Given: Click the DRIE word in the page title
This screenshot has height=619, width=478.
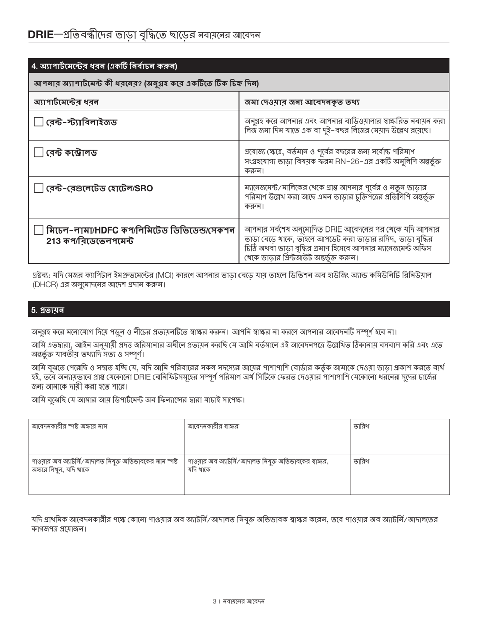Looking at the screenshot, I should point(40,35).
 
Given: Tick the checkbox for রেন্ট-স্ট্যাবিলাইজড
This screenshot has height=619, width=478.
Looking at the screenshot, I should point(39,122).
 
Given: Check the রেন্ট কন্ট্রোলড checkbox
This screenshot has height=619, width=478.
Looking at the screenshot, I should point(39,152).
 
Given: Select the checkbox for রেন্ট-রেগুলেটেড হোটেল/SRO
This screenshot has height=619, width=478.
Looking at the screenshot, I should point(39,188).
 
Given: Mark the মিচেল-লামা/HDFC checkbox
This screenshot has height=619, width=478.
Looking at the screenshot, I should point(39,230).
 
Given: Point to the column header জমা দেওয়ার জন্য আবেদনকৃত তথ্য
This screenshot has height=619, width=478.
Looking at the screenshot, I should point(302,102).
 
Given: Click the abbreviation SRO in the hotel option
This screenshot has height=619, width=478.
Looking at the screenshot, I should point(144,188).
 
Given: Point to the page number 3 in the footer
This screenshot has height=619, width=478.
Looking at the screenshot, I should point(214,601).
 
